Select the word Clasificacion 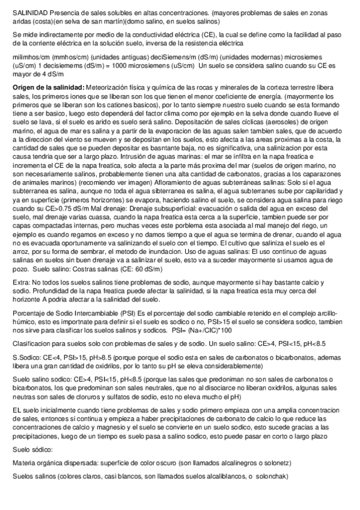(x=34, y=343)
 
